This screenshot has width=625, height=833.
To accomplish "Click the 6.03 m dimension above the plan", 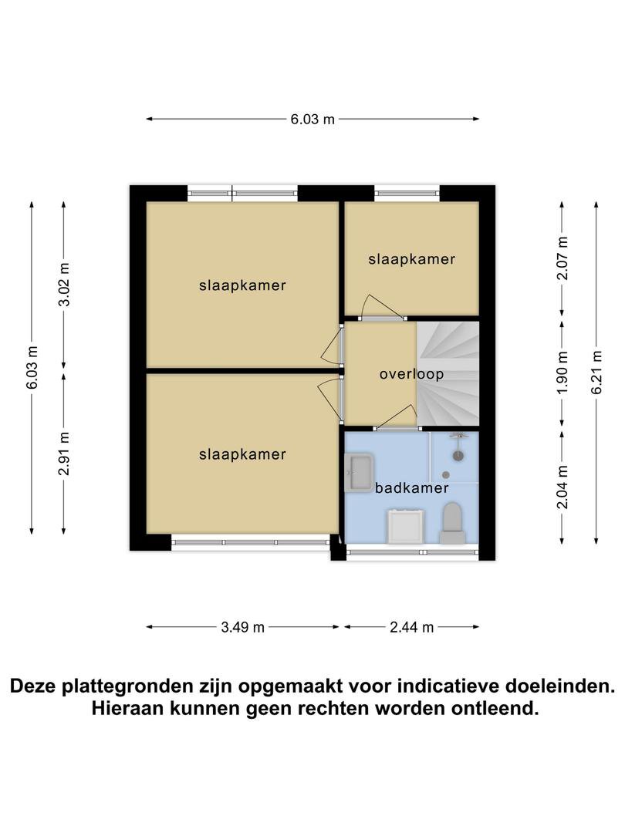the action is click(x=312, y=119).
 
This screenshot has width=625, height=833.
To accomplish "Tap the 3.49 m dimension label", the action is click(x=243, y=627).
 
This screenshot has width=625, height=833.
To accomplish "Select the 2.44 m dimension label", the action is click(x=412, y=627).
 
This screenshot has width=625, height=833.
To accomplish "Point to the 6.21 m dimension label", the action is click(x=596, y=373).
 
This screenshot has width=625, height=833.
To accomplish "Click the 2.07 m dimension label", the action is click(x=562, y=258).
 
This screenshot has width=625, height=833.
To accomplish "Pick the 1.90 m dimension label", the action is click(x=562, y=373).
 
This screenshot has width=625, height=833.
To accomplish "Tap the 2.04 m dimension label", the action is click(x=562, y=487).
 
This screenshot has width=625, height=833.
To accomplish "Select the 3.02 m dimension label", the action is click(x=64, y=285).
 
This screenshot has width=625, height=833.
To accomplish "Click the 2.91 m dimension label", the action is click(x=64, y=454).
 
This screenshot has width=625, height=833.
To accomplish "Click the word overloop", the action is click(x=411, y=374).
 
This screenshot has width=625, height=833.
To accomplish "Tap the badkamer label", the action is click(x=412, y=487).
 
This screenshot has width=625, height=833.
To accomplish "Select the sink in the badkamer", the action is click(x=360, y=472).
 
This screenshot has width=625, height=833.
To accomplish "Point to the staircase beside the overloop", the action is click(x=448, y=373).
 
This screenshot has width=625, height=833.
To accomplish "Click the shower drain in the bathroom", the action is click(x=446, y=475).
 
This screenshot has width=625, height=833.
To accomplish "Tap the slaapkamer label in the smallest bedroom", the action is click(x=412, y=259).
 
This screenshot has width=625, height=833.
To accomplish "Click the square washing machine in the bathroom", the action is click(x=406, y=527).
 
